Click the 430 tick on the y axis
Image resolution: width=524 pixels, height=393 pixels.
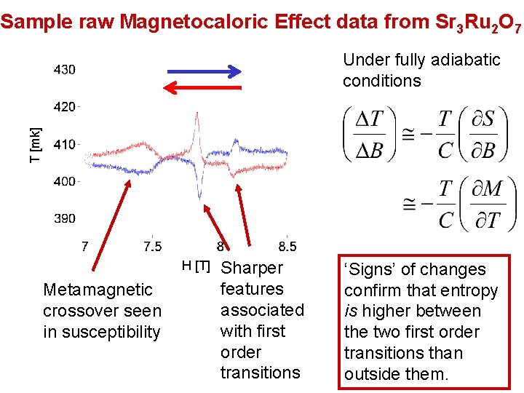coord(64,69)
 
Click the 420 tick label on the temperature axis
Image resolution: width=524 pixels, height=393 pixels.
coord(64,107)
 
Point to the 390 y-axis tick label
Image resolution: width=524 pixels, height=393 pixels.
coord(64,218)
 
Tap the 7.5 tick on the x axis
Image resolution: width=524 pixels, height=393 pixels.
coord(154,247)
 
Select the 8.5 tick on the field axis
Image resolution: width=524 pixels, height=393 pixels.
coord(287,247)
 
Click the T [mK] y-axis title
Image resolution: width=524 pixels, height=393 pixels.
coord(35,144)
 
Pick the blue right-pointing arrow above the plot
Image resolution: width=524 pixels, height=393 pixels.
coord(204,71)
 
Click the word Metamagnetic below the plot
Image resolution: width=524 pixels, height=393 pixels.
coord(98,290)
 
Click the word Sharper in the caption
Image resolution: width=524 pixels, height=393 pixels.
coord(252,268)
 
